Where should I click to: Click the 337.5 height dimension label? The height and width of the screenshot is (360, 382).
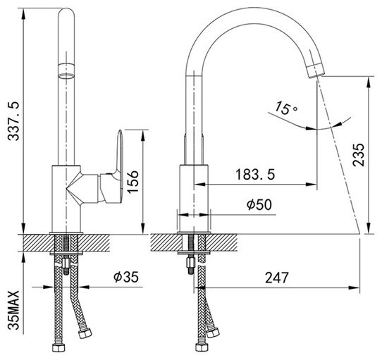tap(13, 121)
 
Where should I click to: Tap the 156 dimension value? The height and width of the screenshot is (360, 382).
tap(133, 182)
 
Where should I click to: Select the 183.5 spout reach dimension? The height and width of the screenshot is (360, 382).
tap(255, 175)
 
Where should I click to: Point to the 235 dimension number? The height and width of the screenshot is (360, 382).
tap(359, 155)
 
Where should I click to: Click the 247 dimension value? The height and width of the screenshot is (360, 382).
tap(276, 278)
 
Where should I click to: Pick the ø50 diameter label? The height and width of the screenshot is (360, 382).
tap(259, 204)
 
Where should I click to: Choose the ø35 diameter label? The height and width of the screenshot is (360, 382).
tap(126, 277)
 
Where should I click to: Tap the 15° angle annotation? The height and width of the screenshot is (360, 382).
tap(285, 108)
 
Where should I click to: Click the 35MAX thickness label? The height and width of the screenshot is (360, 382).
tap(13, 310)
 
